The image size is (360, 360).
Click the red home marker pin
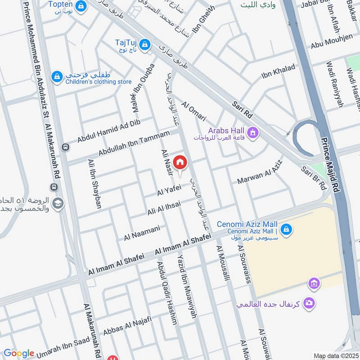coord(180,162)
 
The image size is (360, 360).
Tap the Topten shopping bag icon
coord(81,6)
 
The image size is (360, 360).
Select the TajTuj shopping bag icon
coord(145,44)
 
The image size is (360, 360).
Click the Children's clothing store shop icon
coord(57,77)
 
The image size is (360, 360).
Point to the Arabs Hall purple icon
coord(252,133)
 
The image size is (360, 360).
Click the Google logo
coord(18,353)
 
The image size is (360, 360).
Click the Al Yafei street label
coord(169,191)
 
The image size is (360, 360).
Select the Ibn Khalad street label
coord(279,72)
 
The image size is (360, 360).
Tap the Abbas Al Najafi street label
coord(127,326)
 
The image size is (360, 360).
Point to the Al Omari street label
coord(194,112)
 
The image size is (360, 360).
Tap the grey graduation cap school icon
coord(58,204)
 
